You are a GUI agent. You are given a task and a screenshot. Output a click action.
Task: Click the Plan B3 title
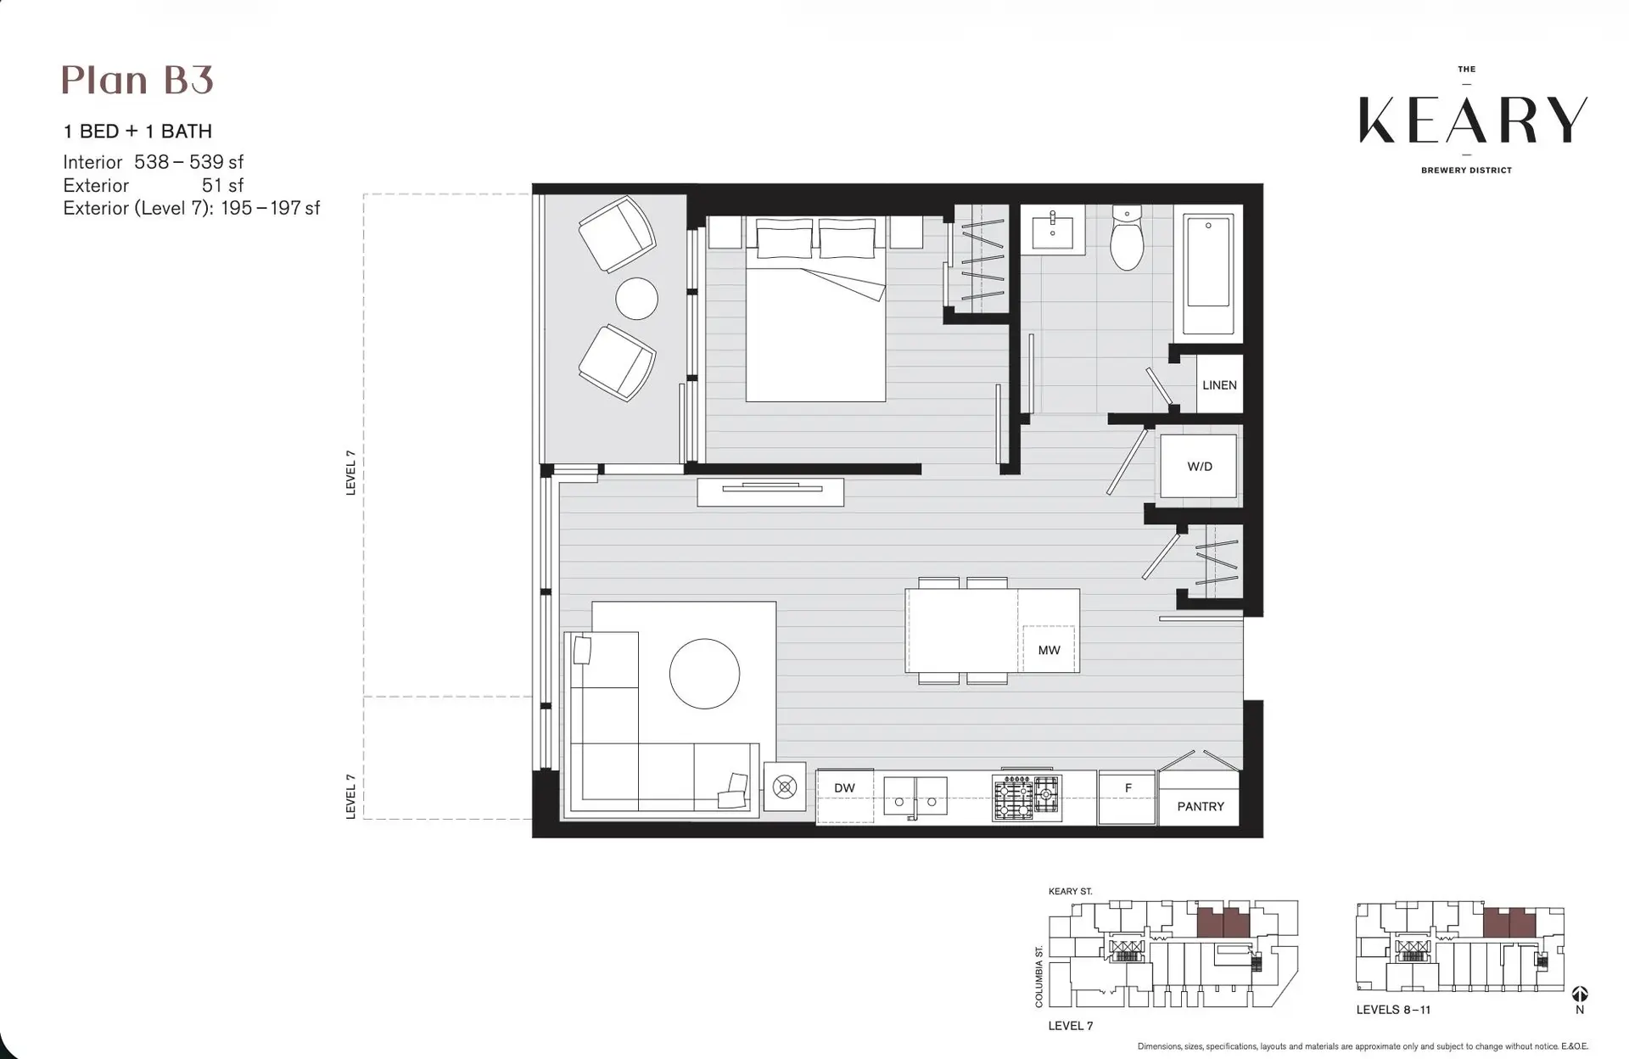click(137, 81)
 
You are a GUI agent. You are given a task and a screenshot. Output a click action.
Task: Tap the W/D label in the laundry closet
click(1199, 467)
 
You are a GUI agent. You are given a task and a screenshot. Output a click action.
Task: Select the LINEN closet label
click(1219, 385)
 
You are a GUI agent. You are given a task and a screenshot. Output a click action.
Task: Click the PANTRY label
click(1200, 806)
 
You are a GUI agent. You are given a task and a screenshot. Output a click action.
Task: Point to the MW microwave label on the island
click(1049, 650)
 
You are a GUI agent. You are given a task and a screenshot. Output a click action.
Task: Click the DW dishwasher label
click(844, 787)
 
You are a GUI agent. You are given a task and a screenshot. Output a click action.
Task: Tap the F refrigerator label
click(1128, 787)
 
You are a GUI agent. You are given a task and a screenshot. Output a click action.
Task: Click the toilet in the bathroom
click(1127, 239)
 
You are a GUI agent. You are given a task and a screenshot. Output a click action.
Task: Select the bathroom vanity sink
click(1053, 230)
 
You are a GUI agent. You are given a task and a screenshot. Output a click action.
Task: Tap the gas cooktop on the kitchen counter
click(1027, 798)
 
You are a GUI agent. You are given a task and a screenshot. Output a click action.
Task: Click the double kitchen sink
click(915, 798)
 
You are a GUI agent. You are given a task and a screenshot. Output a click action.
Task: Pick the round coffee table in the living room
click(704, 674)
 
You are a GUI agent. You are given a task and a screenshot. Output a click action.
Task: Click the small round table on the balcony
click(636, 299)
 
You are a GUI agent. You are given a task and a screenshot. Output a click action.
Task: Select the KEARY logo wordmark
click(1472, 120)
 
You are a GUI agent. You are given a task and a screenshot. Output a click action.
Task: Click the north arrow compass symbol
click(1579, 994)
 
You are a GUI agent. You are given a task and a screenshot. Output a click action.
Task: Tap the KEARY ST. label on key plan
click(1070, 891)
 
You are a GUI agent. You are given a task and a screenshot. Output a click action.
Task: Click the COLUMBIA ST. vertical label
click(1039, 977)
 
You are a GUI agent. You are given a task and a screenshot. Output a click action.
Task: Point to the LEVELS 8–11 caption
click(1393, 1010)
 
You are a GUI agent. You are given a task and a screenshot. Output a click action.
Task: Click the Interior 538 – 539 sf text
click(154, 162)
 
